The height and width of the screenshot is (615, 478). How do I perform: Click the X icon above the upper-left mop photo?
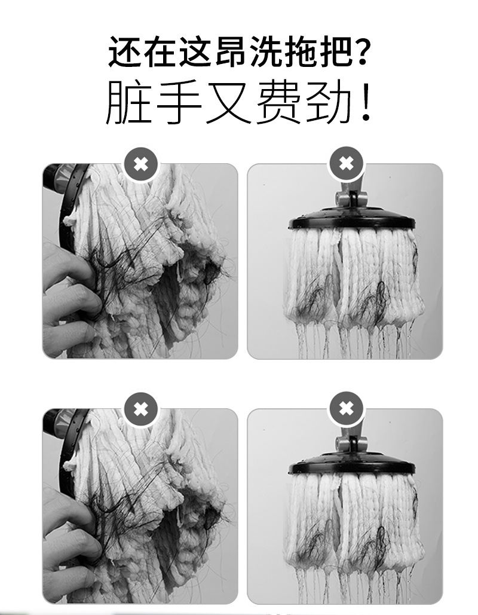click(140, 163)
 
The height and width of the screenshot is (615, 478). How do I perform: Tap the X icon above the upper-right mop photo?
click(346, 163)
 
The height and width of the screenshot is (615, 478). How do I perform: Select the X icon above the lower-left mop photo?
click(140, 409)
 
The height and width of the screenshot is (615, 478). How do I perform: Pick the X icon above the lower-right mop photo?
click(346, 409)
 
